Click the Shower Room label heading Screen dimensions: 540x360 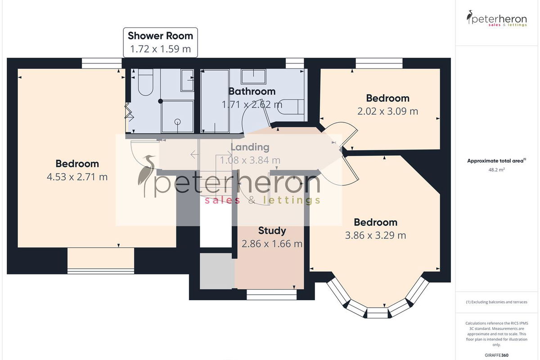point(160,36)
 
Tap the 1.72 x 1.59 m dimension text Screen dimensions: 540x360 point(160,49)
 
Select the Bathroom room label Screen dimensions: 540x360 point(252,91)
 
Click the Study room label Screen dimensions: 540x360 point(272,231)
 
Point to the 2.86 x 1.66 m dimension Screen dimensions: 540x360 point(272,244)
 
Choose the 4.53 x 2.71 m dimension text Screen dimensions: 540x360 point(77,177)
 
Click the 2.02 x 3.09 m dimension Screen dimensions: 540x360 point(387,112)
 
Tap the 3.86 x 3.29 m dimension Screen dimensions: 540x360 point(376,235)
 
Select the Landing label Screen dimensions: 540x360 point(250,147)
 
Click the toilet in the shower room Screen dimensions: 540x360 point(146,82)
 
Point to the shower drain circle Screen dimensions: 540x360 point(178,122)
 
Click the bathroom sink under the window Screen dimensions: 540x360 point(253,77)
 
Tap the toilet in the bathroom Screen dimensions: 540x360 point(291,107)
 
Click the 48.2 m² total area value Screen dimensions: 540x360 point(497,170)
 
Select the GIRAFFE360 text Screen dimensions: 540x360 point(497,355)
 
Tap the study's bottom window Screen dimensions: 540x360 point(271,294)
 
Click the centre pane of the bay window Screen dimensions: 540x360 point(378,313)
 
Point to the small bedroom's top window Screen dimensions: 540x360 point(379,63)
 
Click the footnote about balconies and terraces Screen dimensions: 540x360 point(497,302)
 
